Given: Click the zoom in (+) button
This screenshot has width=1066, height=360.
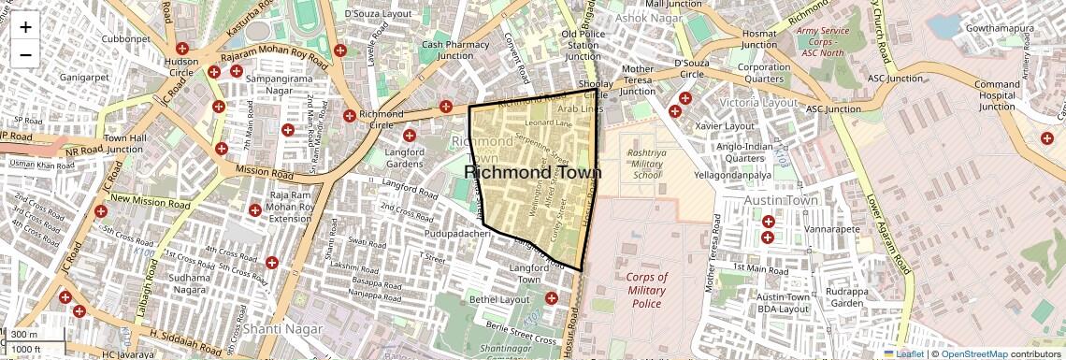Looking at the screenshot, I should click(x=25, y=27).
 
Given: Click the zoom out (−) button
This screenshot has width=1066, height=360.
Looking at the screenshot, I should click(x=25, y=55).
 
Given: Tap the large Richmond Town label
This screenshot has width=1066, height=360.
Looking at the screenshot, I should click(x=532, y=172).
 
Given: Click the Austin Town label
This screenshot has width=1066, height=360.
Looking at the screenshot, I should click(x=781, y=200).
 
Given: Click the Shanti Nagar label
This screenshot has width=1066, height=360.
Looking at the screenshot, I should click(x=281, y=329).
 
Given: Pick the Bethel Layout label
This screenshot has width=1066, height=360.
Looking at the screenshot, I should click(x=499, y=299).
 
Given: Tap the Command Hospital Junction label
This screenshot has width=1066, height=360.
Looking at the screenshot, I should click(x=997, y=95).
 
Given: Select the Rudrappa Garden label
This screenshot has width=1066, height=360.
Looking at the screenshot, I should click(x=847, y=296).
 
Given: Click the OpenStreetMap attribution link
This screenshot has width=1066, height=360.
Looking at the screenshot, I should click(x=973, y=353).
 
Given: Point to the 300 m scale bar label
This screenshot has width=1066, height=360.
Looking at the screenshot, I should click(x=25, y=335).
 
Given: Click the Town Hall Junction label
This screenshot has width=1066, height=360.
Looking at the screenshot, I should click(x=124, y=143).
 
